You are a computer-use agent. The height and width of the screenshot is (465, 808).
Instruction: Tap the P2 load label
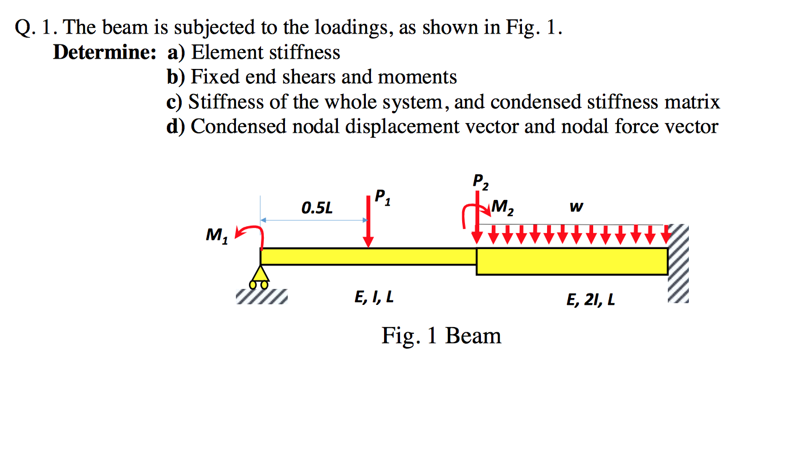(480, 181)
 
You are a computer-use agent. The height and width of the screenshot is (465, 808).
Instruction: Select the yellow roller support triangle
(260, 276)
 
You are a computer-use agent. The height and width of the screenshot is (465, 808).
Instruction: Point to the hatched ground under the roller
(262, 297)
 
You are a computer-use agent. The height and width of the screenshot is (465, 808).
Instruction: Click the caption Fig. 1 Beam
(442, 336)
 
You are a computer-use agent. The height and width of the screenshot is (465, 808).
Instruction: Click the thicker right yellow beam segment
(572, 261)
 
